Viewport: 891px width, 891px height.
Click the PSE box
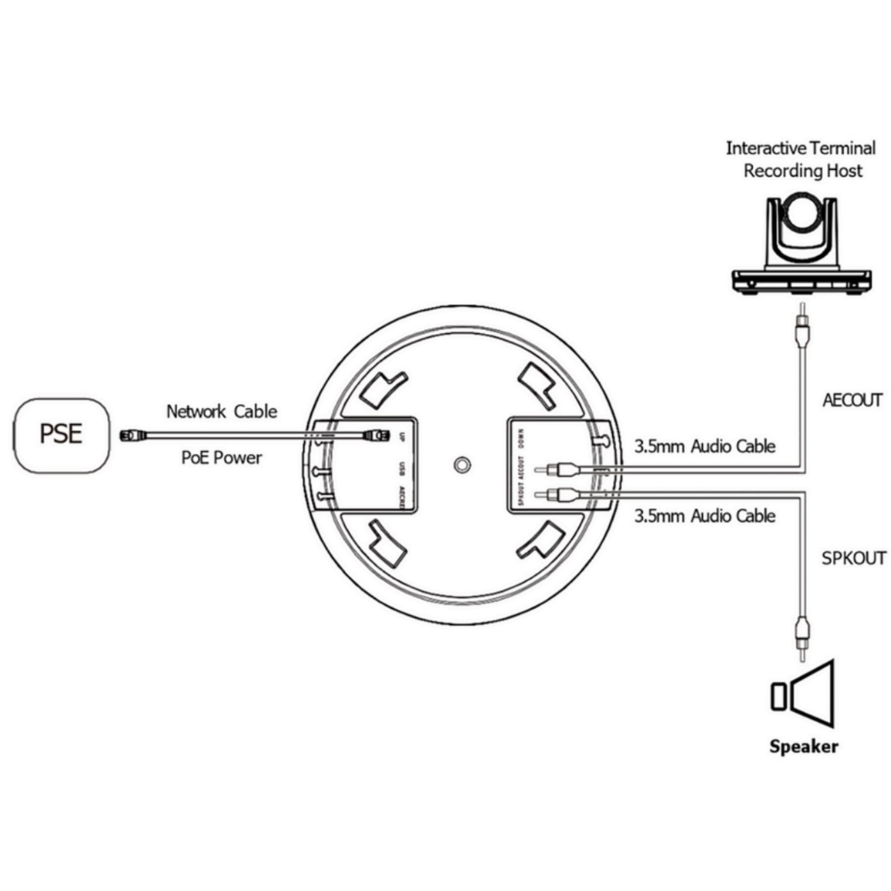61,434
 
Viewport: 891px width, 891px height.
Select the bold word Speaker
803,746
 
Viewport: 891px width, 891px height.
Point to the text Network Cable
221,411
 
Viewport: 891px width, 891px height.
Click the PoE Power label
221,457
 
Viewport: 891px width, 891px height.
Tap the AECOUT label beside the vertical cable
852,400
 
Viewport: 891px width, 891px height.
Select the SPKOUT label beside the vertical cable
853,558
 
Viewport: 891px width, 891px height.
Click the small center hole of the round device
459,464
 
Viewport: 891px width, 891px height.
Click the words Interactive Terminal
801,148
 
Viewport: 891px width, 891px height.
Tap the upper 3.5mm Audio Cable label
704,446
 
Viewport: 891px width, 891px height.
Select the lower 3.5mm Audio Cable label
704,516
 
